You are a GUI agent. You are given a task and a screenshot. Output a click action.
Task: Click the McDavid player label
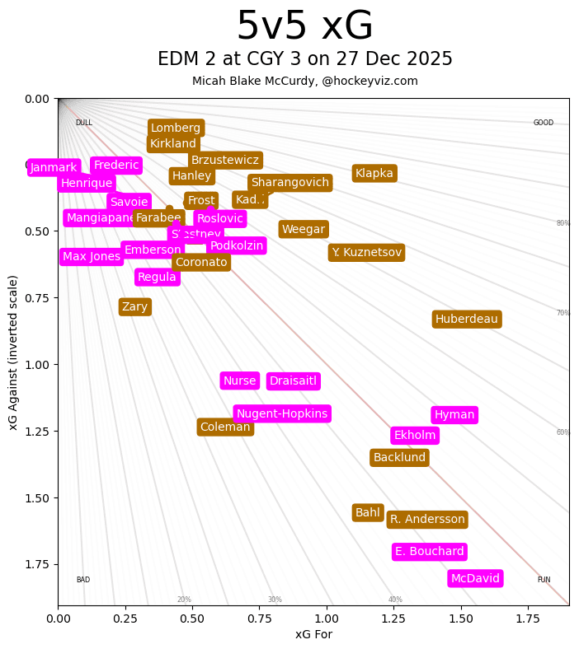coord(475,578)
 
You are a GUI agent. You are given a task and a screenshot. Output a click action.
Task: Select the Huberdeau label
coord(466,319)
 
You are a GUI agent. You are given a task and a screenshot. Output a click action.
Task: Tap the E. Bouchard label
coord(429,551)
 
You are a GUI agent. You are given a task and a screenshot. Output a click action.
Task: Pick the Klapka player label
coord(374,173)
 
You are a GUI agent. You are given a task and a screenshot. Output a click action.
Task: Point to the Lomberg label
coord(176,128)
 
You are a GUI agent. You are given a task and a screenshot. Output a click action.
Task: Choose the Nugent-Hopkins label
coord(281,413)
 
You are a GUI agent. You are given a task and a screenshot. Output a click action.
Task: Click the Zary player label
coord(134,306)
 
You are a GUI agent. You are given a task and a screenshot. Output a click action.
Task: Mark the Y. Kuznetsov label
coord(366,252)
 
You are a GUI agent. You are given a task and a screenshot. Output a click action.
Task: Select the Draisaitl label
coord(293,381)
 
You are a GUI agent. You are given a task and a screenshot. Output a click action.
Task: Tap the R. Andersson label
coord(427,519)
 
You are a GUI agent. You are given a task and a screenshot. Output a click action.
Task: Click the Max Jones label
coord(92,256)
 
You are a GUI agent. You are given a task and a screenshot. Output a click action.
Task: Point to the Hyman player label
coord(454,414)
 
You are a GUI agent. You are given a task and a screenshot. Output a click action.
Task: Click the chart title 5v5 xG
coord(304,26)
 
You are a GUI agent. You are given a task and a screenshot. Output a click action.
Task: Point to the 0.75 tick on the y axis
coord(36,298)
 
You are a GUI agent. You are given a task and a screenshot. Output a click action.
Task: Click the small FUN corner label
coord(544,580)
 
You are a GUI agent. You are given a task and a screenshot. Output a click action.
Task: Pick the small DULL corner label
coord(83,123)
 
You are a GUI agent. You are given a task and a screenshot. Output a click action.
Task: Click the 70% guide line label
coord(563,313)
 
